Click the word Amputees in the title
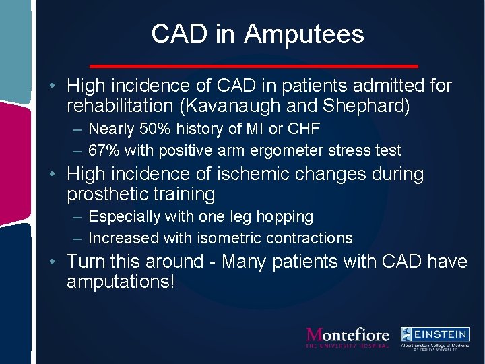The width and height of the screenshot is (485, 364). pos(304,34)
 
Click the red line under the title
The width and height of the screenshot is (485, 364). pos(254,65)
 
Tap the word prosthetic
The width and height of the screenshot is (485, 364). pos(105,195)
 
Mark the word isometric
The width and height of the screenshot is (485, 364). pos(229,238)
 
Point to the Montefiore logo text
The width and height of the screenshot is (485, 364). pos(348,335)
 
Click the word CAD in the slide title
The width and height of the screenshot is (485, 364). pos(176,34)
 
